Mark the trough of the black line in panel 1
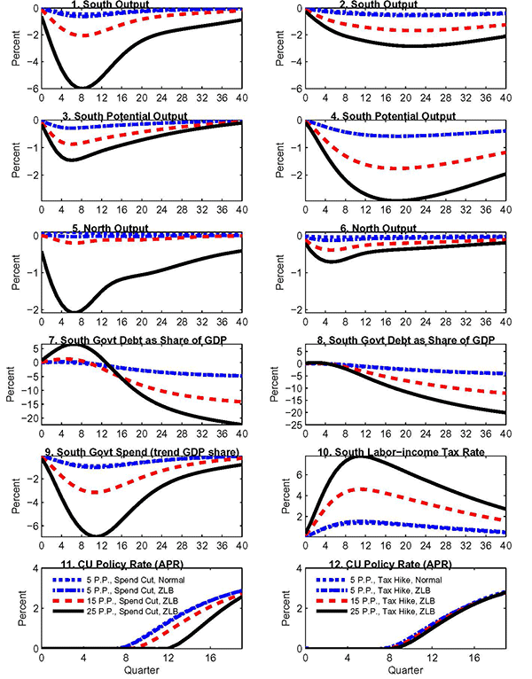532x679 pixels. coord(82,87)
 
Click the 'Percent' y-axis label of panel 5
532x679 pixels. coord(12,269)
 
